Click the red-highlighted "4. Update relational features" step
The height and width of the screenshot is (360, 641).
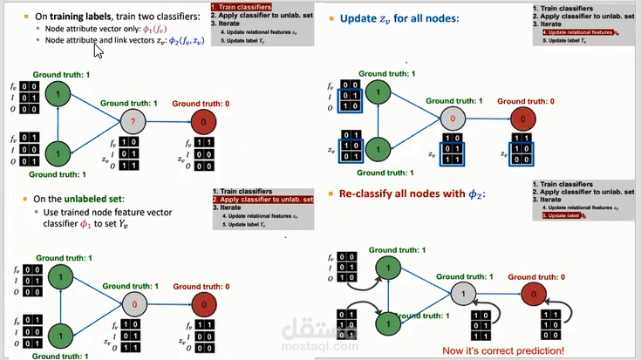572,32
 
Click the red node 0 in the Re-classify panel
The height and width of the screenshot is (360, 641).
532,295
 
